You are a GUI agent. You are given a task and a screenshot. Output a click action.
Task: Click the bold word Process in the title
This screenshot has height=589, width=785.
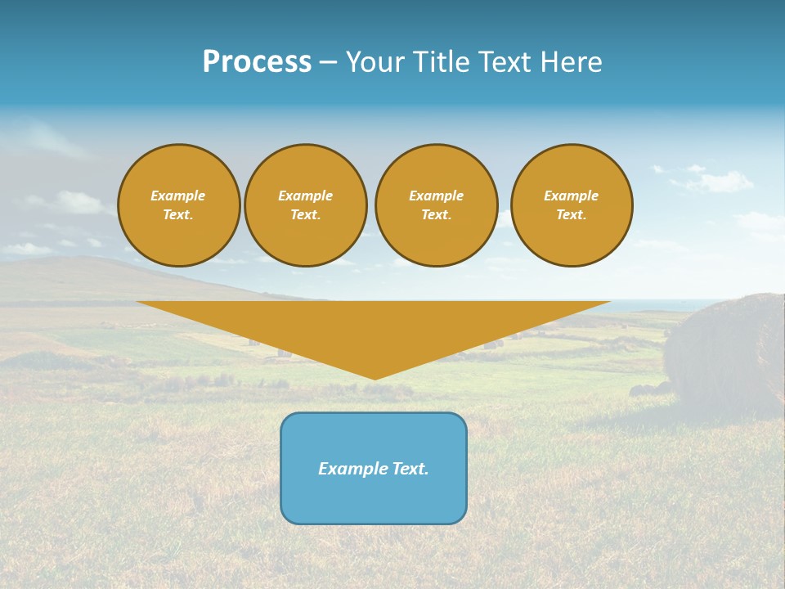(257, 62)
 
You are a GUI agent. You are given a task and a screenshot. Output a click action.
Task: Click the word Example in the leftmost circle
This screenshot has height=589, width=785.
(178, 196)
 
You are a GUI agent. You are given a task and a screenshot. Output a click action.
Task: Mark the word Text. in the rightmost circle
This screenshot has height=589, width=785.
(572, 215)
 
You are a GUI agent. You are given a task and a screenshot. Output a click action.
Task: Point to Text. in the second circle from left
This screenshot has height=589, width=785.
(306, 215)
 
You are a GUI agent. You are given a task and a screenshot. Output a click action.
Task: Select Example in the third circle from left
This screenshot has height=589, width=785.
(436, 196)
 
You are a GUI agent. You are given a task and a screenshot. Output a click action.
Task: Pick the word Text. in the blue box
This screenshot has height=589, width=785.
(410, 469)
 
